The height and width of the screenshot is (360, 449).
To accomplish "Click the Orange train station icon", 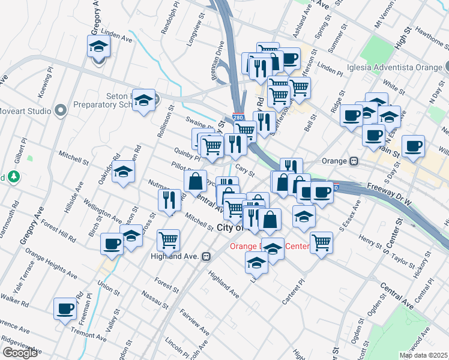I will (354, 161).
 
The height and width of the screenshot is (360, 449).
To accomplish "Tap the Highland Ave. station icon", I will (206, 256).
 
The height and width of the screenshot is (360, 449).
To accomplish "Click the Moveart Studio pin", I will (59, 110).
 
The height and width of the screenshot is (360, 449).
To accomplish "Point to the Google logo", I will (20, 353).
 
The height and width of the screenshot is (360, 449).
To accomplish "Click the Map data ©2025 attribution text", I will (423, 355).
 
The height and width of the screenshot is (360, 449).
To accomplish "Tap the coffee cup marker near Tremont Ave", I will (65, 309).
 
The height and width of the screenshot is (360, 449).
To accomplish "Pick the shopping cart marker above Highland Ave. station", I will (168, 240).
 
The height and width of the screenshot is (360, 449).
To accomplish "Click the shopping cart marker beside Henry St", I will (322, 243).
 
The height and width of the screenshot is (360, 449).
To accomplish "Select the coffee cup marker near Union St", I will (112, 244).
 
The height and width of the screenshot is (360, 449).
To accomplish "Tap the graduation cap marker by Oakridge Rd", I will (123, 173).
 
